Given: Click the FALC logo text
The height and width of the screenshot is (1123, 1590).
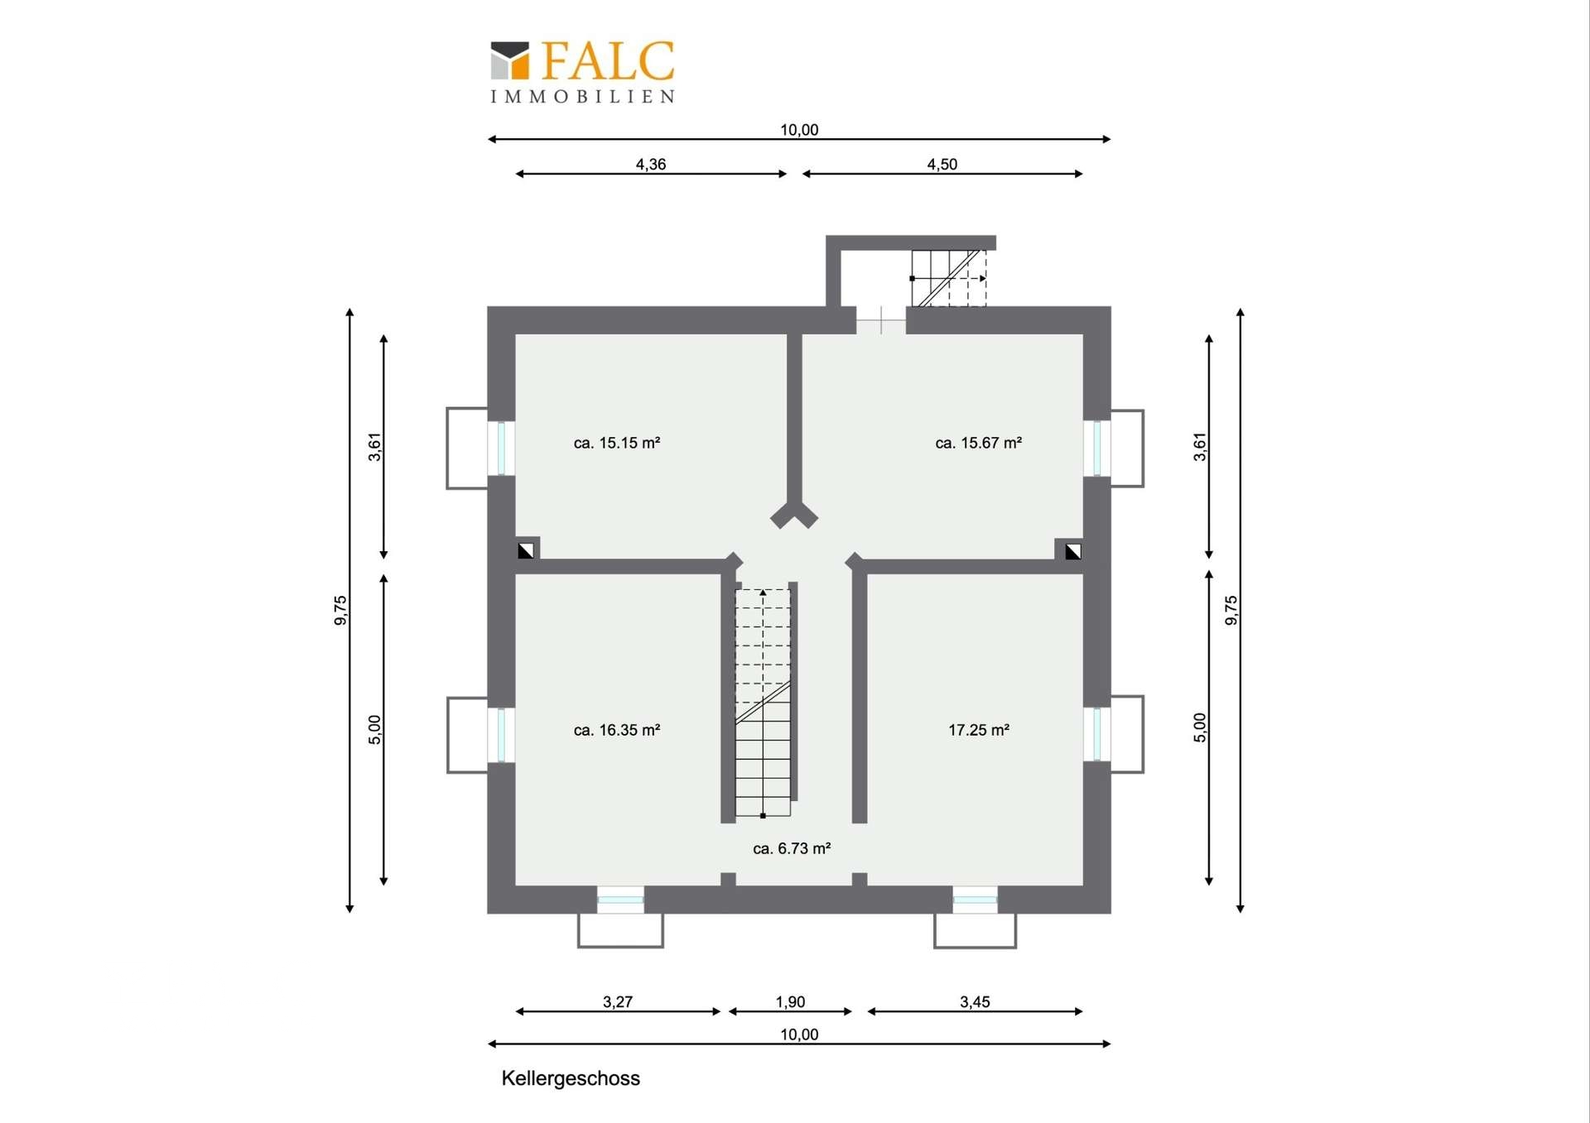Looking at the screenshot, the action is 609,60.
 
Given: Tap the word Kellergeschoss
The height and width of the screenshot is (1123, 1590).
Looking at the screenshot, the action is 571,1078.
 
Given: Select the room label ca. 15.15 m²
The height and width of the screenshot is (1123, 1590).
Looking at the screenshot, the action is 617,443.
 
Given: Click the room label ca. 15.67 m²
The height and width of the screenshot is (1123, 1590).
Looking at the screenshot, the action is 978,443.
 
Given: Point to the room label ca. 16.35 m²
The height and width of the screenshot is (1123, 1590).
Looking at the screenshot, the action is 617,730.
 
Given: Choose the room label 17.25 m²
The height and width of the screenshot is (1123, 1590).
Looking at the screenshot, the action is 979,730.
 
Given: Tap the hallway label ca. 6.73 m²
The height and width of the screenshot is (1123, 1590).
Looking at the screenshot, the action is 792,848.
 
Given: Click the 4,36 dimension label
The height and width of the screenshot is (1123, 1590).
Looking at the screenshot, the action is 651,164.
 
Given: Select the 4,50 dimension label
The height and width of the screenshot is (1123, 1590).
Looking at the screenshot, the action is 942,164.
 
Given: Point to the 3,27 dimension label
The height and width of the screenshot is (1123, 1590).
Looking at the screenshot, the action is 618,1001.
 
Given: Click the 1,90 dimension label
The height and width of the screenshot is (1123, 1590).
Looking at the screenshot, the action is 790,1001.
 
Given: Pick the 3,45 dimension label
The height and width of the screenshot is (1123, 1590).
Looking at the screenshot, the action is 975,1001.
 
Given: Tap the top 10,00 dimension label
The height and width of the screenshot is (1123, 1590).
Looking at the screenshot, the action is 799,129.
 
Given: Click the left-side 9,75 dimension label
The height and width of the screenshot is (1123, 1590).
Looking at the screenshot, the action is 340,611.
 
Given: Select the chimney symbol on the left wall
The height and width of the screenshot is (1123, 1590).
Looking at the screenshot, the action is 526,550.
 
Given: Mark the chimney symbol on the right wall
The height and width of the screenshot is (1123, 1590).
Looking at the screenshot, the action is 1073,550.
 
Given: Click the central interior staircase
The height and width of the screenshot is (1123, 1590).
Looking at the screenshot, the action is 764,703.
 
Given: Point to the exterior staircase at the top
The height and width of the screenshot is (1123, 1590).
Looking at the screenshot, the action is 949,278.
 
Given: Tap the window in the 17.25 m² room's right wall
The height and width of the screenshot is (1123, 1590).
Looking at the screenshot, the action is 1097,734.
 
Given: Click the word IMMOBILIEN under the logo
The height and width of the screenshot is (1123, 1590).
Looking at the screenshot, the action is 583,97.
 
